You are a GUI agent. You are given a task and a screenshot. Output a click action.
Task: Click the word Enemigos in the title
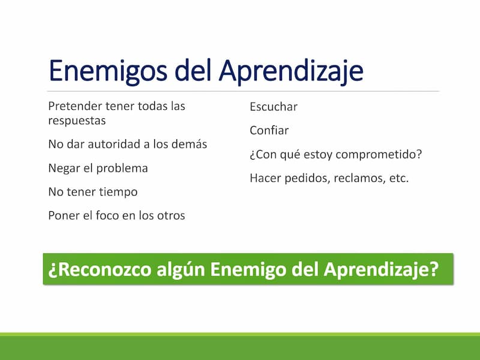[x=108, y=71]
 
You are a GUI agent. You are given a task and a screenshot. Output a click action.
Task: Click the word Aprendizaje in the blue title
[x=291, y=71]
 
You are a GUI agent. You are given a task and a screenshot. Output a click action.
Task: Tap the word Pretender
[x=75, y=106]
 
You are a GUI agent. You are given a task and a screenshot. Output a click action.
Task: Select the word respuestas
[x=77, y=121]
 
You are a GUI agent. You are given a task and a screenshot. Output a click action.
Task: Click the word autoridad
[x=114, y=144]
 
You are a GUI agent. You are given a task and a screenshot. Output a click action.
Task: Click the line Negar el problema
[x=98, y=168]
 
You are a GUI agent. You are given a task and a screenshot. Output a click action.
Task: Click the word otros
[x=171, y=215]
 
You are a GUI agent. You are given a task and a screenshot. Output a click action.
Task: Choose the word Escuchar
[x=274, y=107]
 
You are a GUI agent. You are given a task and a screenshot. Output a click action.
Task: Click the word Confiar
[x=269, y=130]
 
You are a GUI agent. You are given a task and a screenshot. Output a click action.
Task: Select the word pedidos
[x=308, y=178]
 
